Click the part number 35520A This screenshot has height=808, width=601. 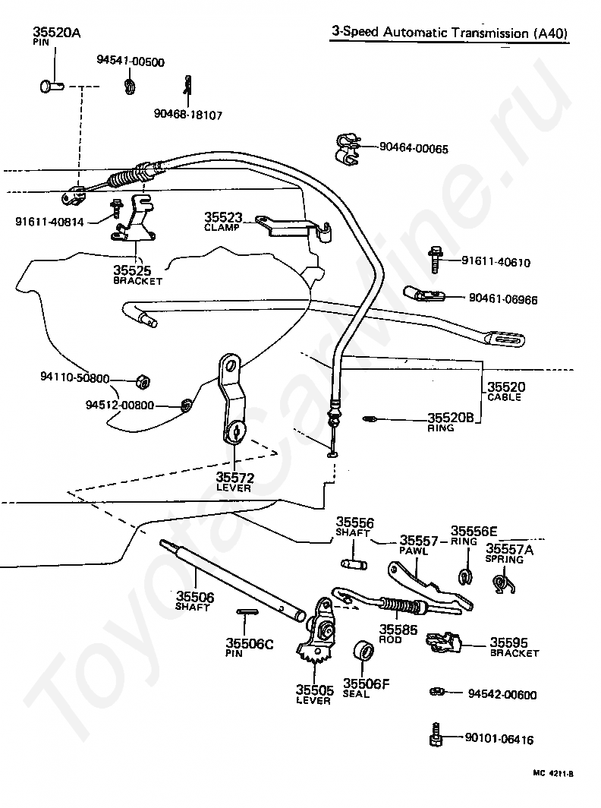click(x=56, y=33)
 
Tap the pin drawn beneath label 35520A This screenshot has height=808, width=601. click(x=51, y=85)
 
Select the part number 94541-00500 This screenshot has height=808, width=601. click(x=131, y=62)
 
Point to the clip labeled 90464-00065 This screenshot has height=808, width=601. click(x=348, y=150)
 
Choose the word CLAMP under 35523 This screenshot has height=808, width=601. click(x=222, y=227)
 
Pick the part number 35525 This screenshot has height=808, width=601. click(x=132, y=270)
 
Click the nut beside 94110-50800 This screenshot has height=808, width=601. click(x=142, y=383)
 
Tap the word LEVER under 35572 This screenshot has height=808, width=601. click(x=233, y=488)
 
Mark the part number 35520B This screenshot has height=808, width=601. click(x=451, y=418)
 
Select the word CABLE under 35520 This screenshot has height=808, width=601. click(x=504, y=397)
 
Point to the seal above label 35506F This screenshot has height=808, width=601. click(x=363, y=651)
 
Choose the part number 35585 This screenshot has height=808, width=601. click(x=398, y=630)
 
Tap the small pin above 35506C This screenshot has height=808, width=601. click(x=247, y=611)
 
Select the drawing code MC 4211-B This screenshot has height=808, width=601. click(x=553, y=774)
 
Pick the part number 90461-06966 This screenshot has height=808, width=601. click(x=503, y=299)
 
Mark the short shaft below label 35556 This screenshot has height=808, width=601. click(x=354, y=563)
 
